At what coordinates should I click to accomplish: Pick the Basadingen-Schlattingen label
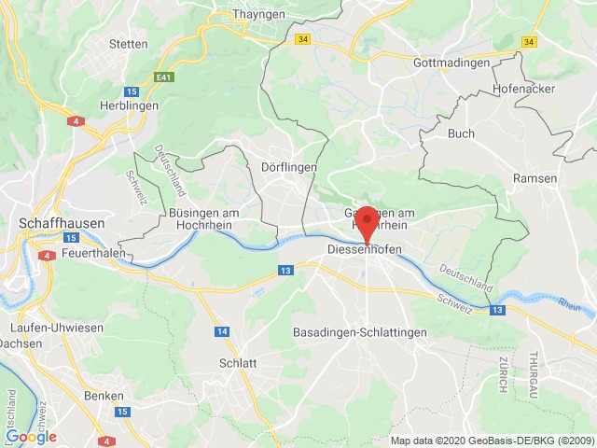coord(373,332)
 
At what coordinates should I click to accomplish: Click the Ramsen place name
coord(535,177)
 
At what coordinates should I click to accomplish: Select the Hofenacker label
coord(522,89)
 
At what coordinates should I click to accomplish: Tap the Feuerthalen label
coord(93,253)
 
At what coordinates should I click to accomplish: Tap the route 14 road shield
coord(222,331)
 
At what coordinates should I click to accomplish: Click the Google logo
coord(31,436)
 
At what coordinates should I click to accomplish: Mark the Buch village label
coord(461,133)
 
